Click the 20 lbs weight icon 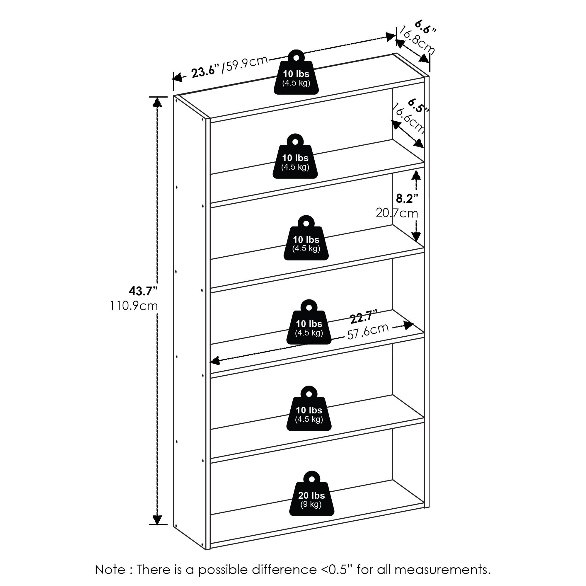click(311, 498)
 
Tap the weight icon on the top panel click(296, 74)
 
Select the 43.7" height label click(143, 291)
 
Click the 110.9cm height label click(134, 306)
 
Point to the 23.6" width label click(205, 72)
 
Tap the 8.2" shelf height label click(407, 198)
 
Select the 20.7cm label click(397, 213)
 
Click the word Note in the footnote click(110, 570)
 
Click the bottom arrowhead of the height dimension click(157, 519)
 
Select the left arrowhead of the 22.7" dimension click(215, 361)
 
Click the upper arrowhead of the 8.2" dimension click(416, 175)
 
